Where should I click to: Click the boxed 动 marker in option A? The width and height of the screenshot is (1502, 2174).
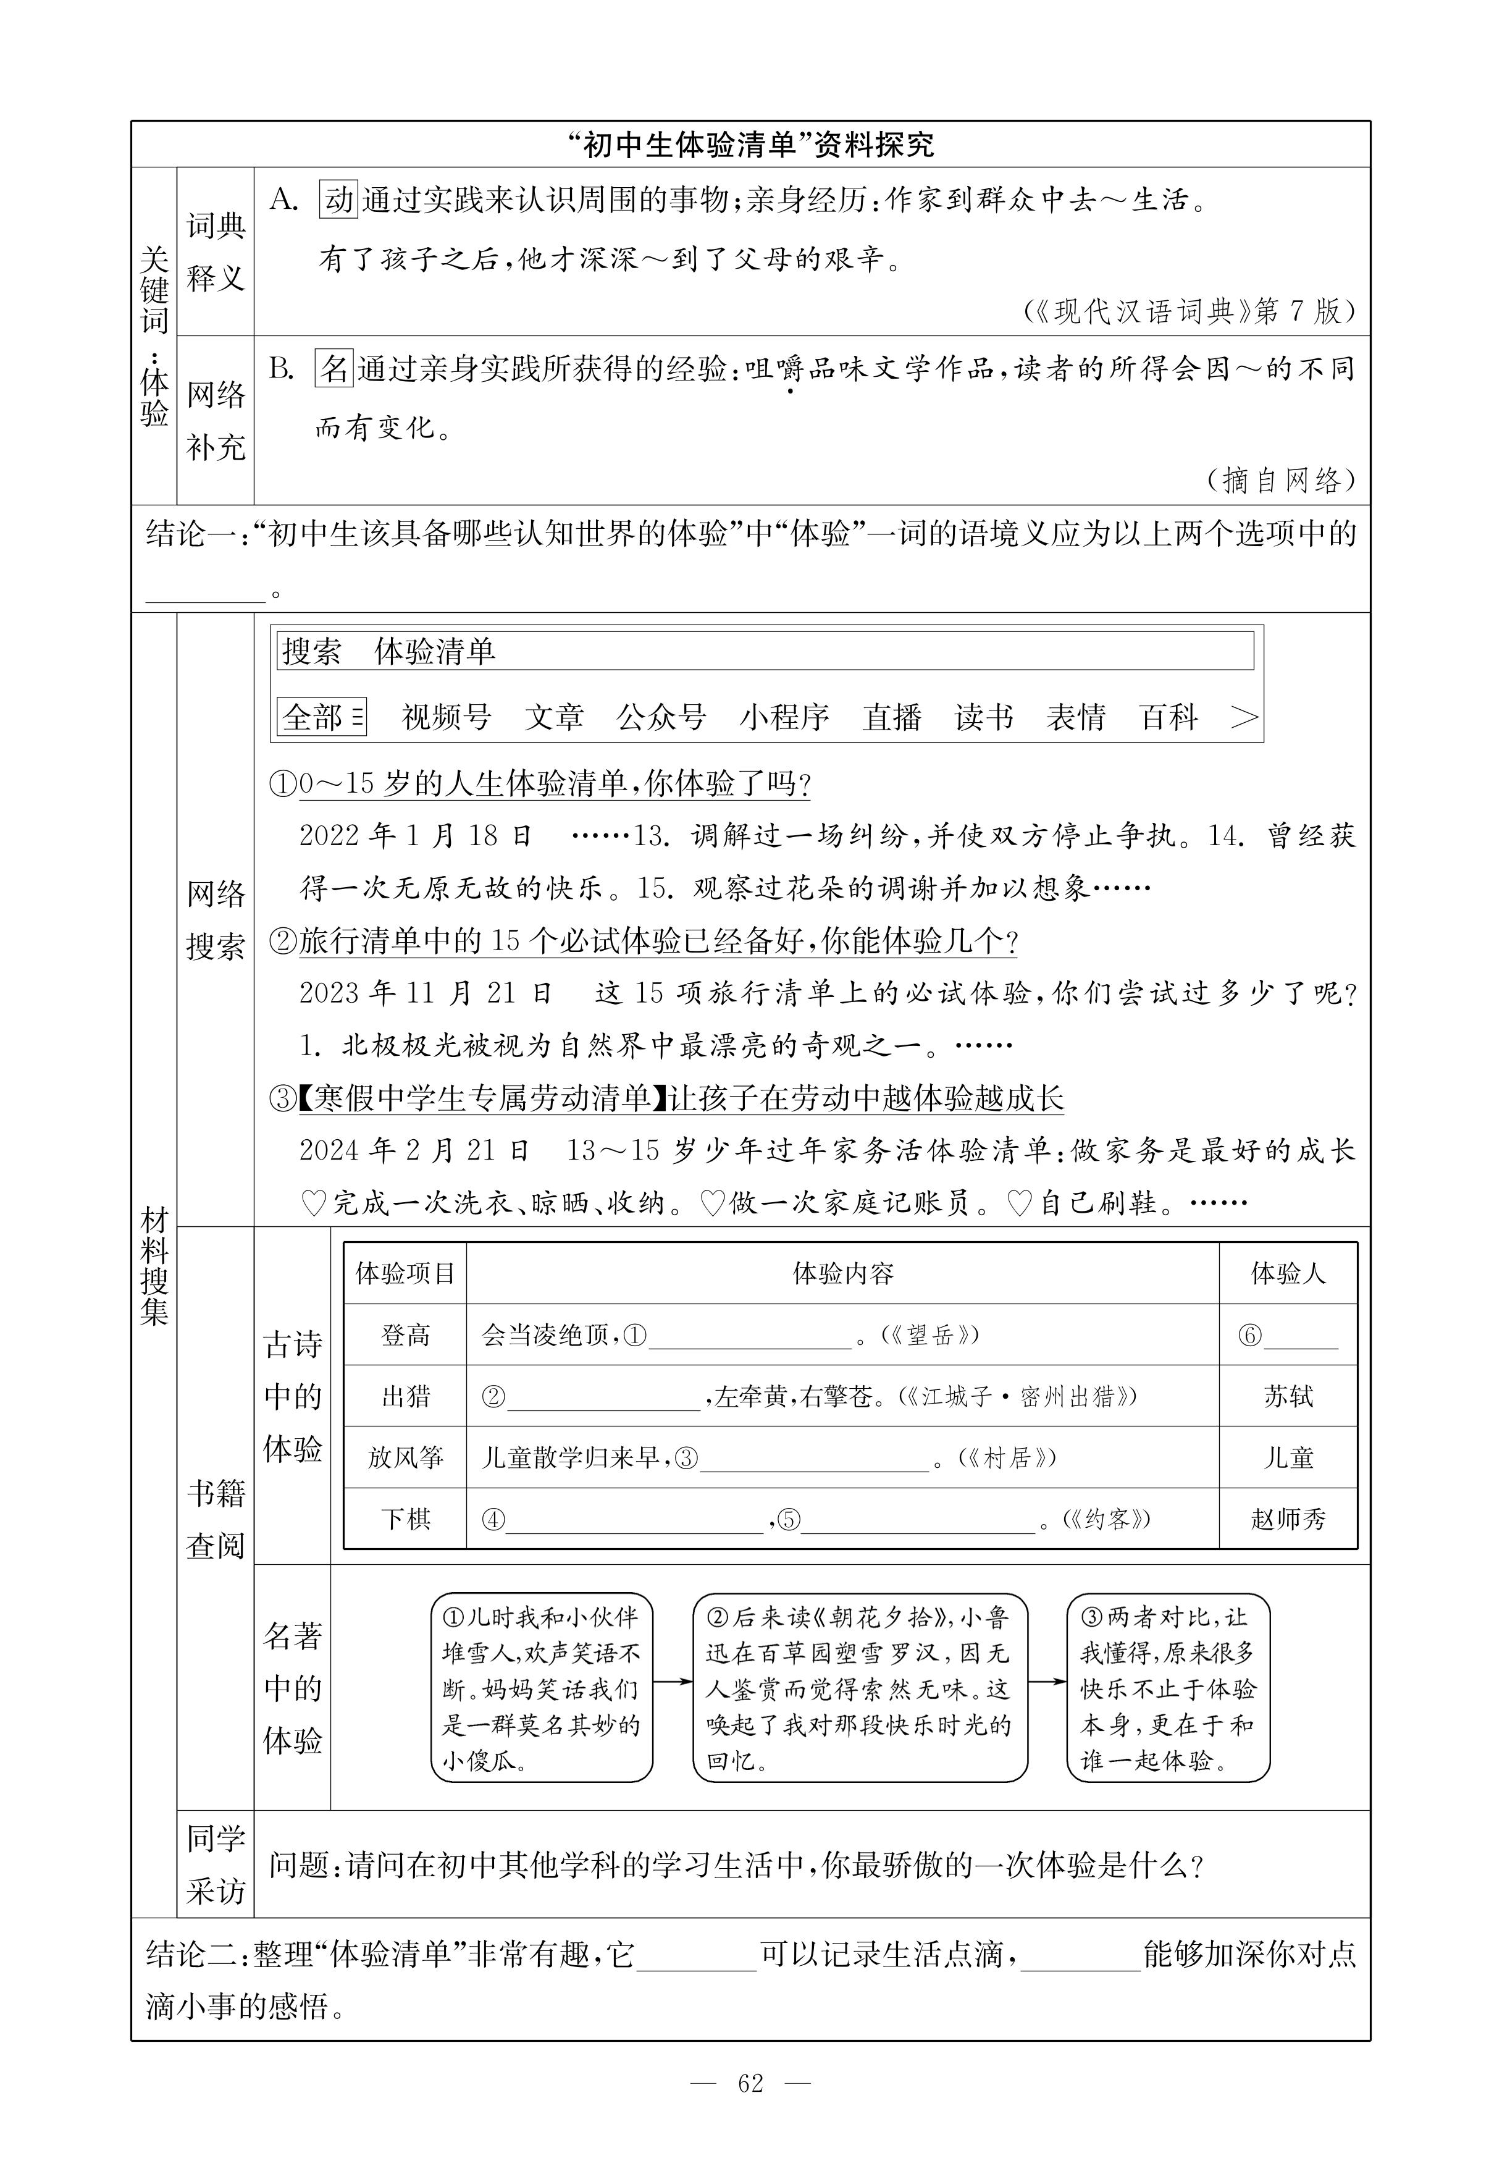[x=338, y=200]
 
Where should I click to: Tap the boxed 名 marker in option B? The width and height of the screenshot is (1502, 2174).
[x=333, y=368]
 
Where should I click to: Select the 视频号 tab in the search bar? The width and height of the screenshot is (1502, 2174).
[x=446, y=717]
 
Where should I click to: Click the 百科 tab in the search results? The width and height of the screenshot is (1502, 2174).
[x=1169, y=717]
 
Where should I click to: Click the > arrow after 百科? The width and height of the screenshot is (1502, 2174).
[x=1244, y=717]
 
